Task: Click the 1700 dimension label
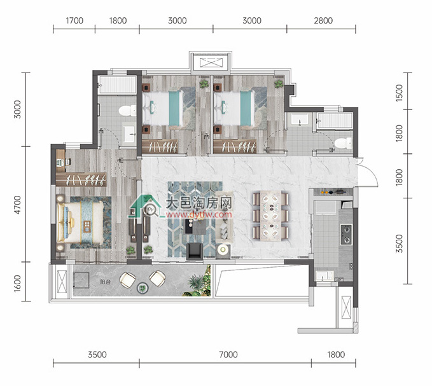click(74, 20)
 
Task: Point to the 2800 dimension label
click(323, 20)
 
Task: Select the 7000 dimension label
click(228, 355)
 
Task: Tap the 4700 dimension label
click(17, 205)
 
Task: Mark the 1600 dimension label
click(17, 284)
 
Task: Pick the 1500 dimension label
click(399, 93)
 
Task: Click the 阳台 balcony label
click(105, 282)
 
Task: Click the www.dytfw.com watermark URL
click(199, 214)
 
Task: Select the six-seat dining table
click(271, 216)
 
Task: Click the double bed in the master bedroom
click(80, 223)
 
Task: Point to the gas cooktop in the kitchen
click(346, 235)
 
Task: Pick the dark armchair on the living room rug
click(195, 251)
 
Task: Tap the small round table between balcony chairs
click(143, 288)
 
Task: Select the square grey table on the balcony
click(81, 280)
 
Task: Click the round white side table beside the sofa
click(222, 250)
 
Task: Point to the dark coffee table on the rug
click(195, 226)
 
